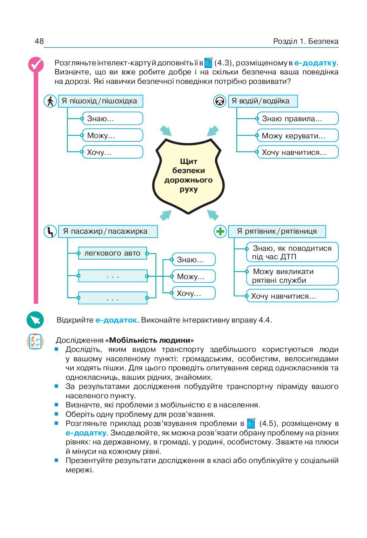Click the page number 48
coord(39,41)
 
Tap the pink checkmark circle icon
coord(35,64)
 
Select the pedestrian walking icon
coord(50,101)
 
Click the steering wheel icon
coord(220,101)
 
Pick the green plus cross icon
coord(220,232)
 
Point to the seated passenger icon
coord(50,232)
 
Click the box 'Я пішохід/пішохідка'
coord(100,101)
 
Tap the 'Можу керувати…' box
coord(297,136)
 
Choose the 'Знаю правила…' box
coord(297,119)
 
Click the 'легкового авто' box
coord(113,253)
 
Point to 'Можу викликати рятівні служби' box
coord(292,276)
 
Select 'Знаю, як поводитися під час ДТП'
coord(292,252)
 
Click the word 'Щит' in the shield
coord(188,161)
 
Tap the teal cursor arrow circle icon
coord(35,320)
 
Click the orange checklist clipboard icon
coord(35,341)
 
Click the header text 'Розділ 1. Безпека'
coord(305,41)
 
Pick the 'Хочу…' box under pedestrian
coord(112,152)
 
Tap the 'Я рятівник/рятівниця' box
coord(277,231)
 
